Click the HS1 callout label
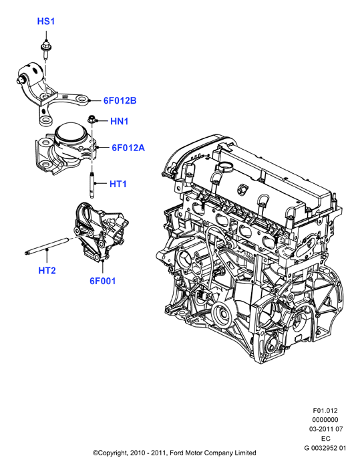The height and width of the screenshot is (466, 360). pyautogui.click(x=46, y=21)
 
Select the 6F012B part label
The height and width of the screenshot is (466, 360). pyautogui.click(x=120, y=101)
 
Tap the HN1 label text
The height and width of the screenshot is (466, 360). pyautogui.click(x=120, y=121)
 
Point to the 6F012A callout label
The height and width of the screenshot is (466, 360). pyautogui.click(x=128, y=148)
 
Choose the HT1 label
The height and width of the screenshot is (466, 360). pyautogui.click(x=118, y=184)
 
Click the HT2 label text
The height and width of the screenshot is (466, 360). pyautogui.click(x=47, y=271)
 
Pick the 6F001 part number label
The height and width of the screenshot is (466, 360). pyautogui.click(x=103, y=281)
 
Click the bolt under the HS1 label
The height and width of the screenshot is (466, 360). pyautogui.click(x=45, y=51)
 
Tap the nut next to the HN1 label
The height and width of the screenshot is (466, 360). pyautogui.click(x=91, y=120)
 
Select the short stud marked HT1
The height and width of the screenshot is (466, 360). pyautogui.click(x=92, y=185)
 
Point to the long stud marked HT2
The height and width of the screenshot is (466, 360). pyautogui.click(x=47, y=245)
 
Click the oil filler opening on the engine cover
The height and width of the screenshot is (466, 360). pyautogui.click(x=226, y=168)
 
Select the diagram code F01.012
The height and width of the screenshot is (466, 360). pyautogui.click(x=325, y=411)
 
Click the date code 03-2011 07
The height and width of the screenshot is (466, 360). pyautogui.click(x=326, y=429)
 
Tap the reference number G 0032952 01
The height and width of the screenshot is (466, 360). pyautogui.click(x=325, y=447)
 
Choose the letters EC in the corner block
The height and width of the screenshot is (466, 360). pyautogui.click(x=325, y=439)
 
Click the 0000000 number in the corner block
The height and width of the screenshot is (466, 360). pyautogui.click(x=325, y=420)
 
